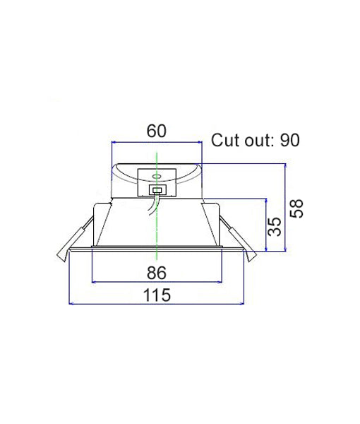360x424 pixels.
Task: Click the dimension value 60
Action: click(x=156, y=131)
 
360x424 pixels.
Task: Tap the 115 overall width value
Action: click(x=157, y=296)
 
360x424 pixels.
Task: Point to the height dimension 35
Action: click(x=276, y=225)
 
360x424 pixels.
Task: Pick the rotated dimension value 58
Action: click(x=297, y=208)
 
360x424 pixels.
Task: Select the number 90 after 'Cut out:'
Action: click(x=289, y=140)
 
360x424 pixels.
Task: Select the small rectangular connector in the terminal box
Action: click(x=157, y=189)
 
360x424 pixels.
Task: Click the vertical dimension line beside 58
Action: click(x=284, y=208)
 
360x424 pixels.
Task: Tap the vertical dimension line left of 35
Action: click(x=265, y=225)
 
